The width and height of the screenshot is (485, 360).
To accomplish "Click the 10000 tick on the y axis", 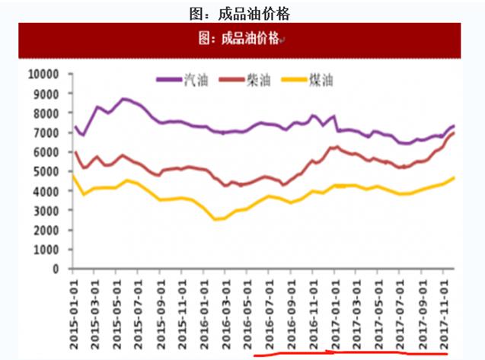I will tap(43, 74).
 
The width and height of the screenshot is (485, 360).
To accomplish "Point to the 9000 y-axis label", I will tap(46, 94).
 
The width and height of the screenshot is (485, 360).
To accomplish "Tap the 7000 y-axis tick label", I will tap(46, 132).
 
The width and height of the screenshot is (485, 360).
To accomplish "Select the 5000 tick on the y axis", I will tap(46, 171).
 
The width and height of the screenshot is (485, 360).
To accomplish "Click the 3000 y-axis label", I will tap(46, 211).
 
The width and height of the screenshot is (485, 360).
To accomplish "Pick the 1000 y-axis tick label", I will tap(46, 250).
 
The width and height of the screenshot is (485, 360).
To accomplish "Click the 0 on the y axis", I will tap(56, 269).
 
